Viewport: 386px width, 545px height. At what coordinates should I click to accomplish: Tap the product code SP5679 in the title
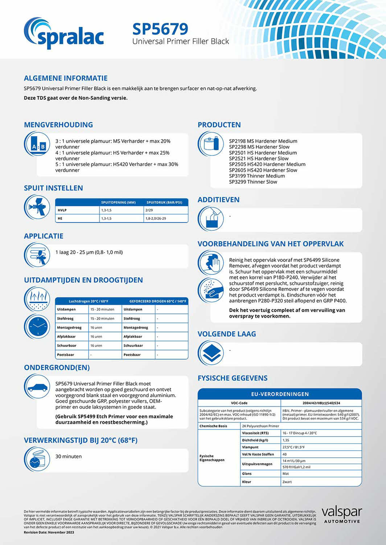[x=160, y=29]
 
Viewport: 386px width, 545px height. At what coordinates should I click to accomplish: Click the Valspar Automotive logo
[x=341, y=515]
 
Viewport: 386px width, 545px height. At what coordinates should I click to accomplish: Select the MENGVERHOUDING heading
[x=58, y=125]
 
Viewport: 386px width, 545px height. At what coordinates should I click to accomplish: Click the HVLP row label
[x=62, y=210]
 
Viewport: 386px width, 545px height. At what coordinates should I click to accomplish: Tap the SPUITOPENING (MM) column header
[x=118, y=202]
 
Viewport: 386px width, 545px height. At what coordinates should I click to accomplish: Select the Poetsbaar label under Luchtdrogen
[x=65, y=355]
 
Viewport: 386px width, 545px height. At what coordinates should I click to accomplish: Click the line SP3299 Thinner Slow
[x=253, y=182]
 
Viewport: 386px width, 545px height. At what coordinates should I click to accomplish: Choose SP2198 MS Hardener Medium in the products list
[x=263, y=141]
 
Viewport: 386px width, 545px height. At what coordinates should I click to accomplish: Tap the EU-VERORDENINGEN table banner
[x=280, y=394]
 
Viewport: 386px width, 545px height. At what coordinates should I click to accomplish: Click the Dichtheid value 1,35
[x=286, y=440]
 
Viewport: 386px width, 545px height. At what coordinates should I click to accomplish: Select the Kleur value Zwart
[x=287, y=482]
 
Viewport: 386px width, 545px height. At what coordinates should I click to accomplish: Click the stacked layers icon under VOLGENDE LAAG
[x=211, y=353]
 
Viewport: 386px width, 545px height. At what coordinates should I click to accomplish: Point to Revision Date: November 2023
[x=49, y=532]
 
